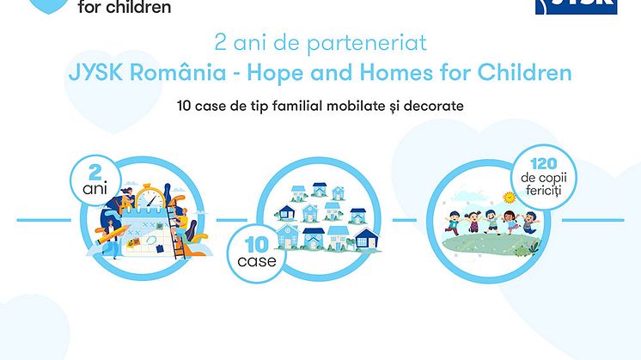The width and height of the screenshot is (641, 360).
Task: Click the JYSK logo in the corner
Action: (576, 7)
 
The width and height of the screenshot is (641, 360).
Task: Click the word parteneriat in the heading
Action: (367, 43)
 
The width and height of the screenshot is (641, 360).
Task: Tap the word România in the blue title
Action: (178, 72)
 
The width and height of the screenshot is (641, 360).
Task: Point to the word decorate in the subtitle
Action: (434, 107)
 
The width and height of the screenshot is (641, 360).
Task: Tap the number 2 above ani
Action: (95, 172)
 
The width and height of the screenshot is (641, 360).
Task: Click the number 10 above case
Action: (257, 245)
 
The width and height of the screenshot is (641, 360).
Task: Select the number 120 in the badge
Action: (544, 164)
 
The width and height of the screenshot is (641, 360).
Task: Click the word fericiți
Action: (544, 191)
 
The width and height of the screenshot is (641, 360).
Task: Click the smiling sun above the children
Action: (509, 198)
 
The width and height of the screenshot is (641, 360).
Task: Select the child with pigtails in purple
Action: (473, 221)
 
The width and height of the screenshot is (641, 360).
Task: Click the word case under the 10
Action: (257, 261)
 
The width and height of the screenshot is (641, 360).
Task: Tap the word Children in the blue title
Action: (524, 72)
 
